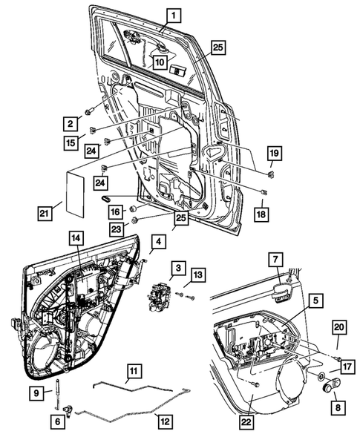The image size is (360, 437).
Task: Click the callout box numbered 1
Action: pos(171,13)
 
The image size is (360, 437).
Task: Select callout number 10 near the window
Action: pos(160,62)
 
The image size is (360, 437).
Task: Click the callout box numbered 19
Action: pos(274,154)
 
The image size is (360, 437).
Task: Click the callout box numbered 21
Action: pos(45,214)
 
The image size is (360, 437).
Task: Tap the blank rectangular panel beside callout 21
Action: pos(77,191)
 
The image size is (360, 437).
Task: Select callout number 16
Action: pos(115,212)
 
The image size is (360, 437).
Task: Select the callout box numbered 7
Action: pos(275,259)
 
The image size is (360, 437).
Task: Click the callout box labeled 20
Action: pos(338,327)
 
